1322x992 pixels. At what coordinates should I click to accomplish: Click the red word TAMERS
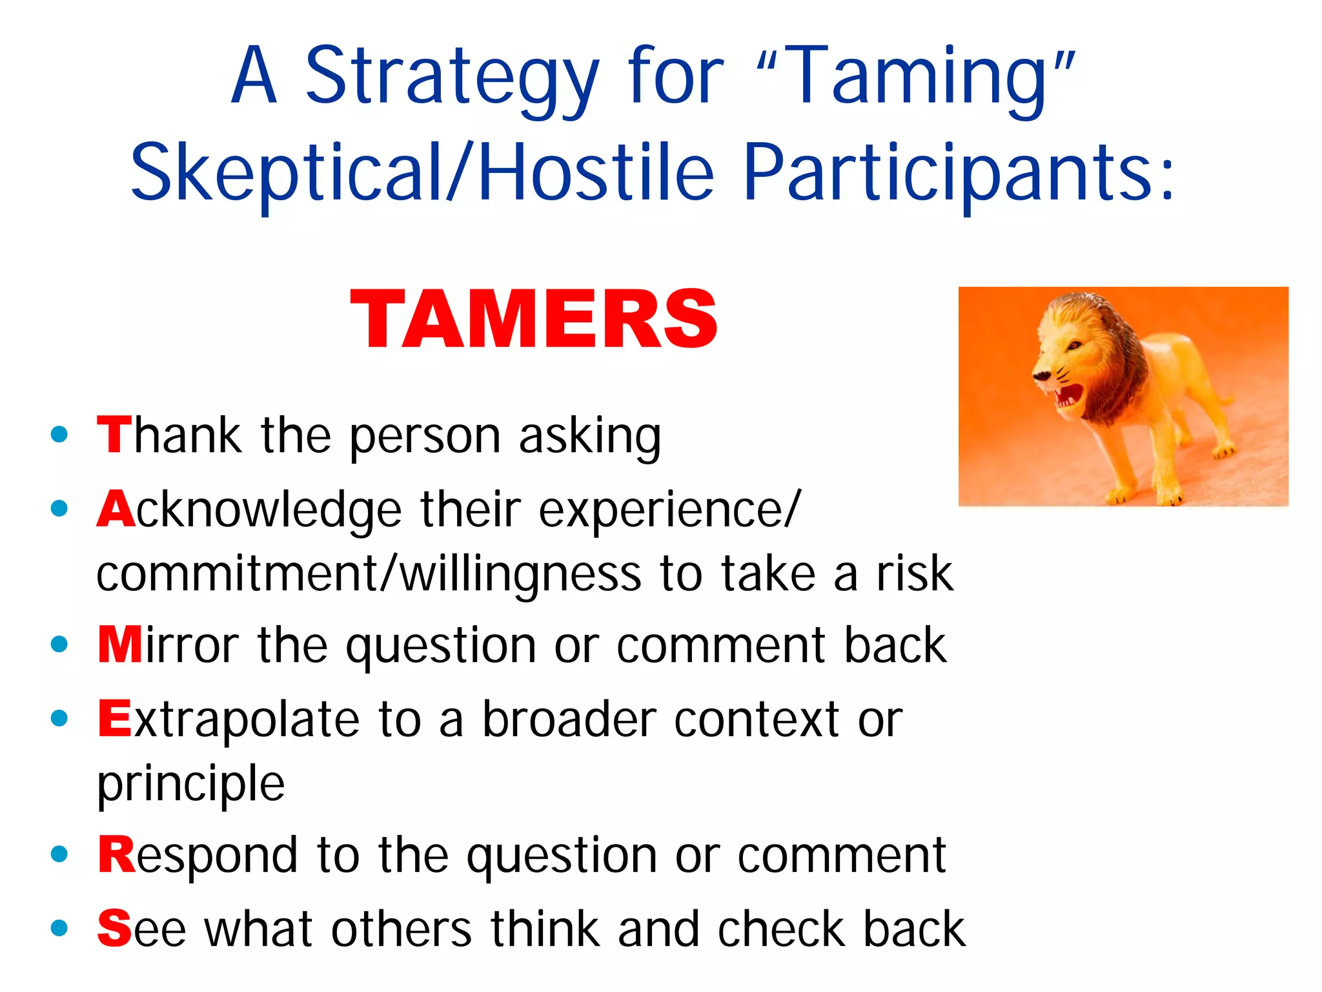coord(534,319)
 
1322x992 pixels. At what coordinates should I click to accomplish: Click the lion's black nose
coord(1041,375)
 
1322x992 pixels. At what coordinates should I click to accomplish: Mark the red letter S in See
coord(114,928)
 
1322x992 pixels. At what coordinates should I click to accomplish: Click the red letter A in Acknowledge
coord(116,508)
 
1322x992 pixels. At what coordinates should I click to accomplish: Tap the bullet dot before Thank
coord(59,434)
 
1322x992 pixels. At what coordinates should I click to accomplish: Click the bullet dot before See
coord(59,928)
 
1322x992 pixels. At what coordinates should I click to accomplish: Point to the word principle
coord(190,783)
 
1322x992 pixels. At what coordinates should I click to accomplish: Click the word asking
coord(590,437)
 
